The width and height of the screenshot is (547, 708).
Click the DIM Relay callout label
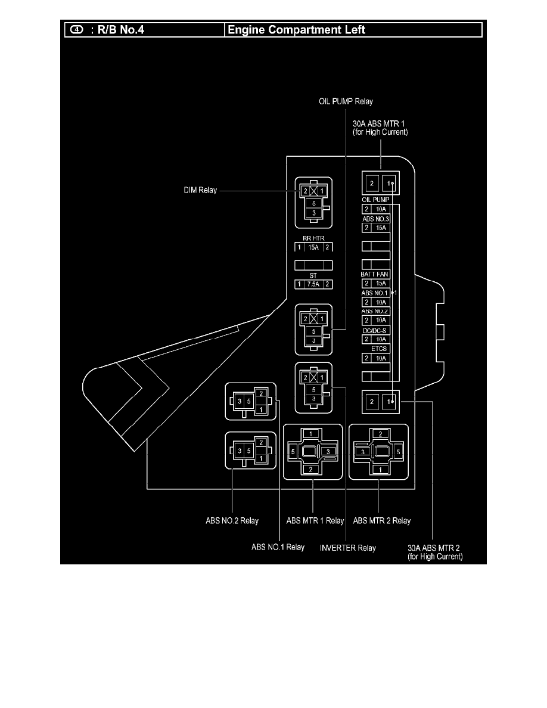pyautogui.click(x=200, y=191)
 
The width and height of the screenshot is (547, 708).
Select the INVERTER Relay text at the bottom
pyautogui.click(x=348, y=548)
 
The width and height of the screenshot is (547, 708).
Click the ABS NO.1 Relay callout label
pyautogui.click(x=278, y=548)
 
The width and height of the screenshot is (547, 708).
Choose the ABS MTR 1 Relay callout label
pyautogui.click(x=315, y=521)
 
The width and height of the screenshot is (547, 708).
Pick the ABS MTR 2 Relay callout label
pyautogui.click(x=381, y=521)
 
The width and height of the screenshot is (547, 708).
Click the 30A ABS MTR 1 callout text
pyautogui.click(x=380, y=129)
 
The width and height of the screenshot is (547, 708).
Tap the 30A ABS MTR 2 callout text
pyautogui.click(x=434, y=552)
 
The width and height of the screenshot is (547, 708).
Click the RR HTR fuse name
pyautogui.click(x=313, y=238)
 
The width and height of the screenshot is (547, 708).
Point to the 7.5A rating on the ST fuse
pyautogui.click(x=313, y=285)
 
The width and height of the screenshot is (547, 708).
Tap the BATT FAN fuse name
pyautogui.click(x=375, y=274)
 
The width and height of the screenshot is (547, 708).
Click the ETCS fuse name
pyautogui.click(x=379, y=349)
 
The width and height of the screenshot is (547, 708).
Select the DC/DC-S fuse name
pyautogui.click(x=375, y=330)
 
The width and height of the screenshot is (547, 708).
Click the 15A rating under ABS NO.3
pyautogui.click(x=380, y=228)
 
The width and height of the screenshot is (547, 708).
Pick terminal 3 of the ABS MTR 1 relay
pyautogui.click(x=327, y=453)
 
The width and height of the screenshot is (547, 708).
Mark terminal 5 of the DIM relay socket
pyautogui.click(x=313, y=203)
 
